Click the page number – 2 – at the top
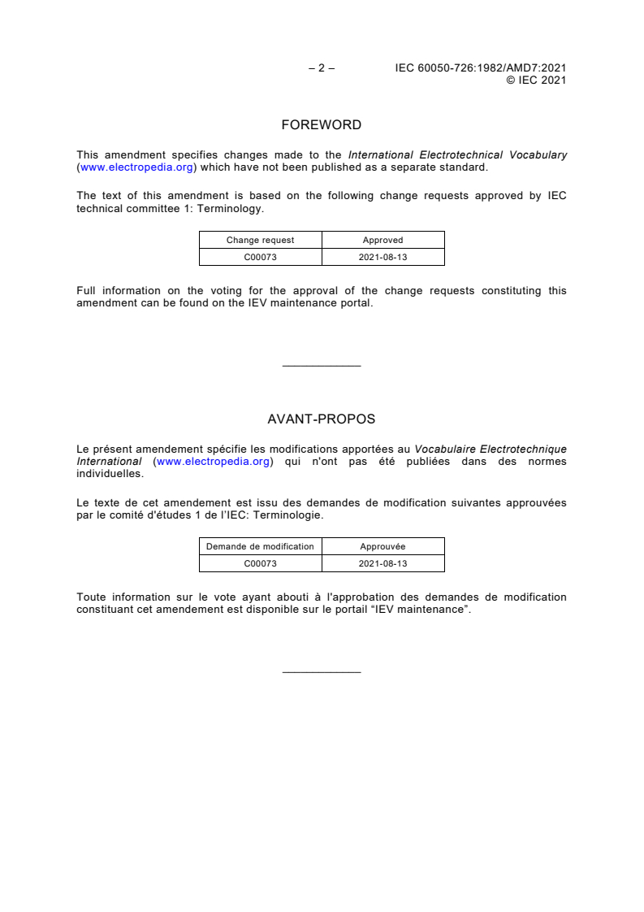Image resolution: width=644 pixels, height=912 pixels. click(322, 68)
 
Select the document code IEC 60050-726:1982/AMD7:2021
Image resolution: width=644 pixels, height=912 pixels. click(480, 68)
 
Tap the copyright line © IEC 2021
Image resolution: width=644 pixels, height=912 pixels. click(536, 80)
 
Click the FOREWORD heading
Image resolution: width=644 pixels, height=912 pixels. click(322, 125)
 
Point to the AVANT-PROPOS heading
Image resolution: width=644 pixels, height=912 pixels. click(322, 419)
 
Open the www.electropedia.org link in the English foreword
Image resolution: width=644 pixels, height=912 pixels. click(136, 167)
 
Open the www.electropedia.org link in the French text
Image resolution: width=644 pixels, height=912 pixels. click(213, 462)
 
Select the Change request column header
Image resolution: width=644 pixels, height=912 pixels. click(260, 240)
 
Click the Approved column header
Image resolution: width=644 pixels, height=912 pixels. click(383, 240)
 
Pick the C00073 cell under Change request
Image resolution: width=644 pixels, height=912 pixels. click(260, 257)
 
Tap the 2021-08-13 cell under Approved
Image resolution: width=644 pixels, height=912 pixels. click(383, 257)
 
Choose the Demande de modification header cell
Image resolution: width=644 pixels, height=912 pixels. click(260, 546)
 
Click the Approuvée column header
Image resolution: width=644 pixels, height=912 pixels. click(383, 546)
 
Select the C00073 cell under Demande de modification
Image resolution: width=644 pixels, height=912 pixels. click(260, 563)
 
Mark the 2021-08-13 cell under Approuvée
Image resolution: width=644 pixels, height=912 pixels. click(383, 563)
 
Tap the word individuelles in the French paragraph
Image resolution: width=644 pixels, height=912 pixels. click(110, 474)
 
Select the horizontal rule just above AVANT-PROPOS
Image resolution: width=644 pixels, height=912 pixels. click(322, 367)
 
